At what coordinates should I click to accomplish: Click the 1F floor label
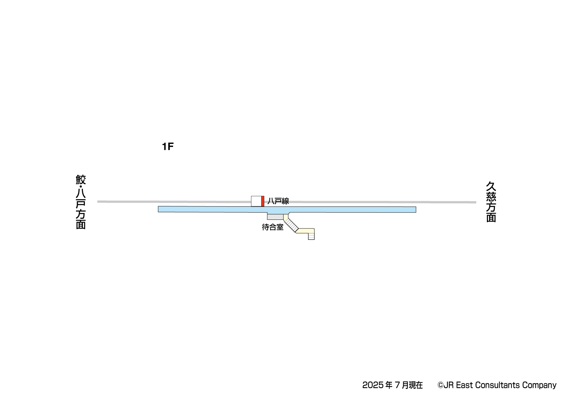tap(168, 146)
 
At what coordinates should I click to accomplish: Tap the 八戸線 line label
tap(278, 201)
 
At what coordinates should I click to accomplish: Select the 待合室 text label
tap(272, 227)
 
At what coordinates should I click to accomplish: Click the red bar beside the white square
tap(263, 201)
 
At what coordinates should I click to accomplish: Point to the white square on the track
tap(256, 201)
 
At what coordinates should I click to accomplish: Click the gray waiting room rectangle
tap(276, 217)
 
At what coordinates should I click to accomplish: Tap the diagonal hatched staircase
tap(291, 224)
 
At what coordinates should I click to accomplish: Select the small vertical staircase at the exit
tap(311, 236)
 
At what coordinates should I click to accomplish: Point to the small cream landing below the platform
tap(286, 217)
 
